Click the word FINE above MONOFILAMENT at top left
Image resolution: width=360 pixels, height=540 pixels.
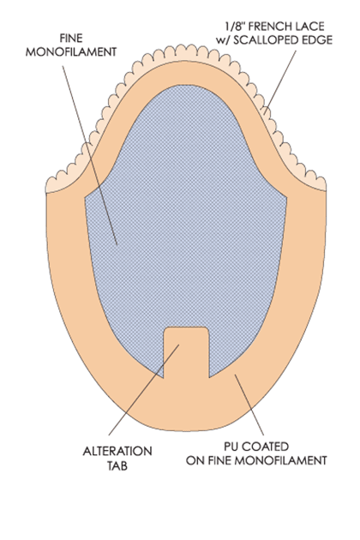(x=71, y=38)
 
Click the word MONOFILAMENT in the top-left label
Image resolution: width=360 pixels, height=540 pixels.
(x=71, y=52)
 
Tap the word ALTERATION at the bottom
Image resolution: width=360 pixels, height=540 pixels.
(x=117, y=451)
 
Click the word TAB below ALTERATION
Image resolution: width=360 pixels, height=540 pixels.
(x=117, y=465)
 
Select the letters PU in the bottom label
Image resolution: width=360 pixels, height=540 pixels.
(x=231, y=447)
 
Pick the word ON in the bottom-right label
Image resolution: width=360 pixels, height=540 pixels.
(x=194, y=460)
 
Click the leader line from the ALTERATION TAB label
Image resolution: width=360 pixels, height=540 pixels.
(x=144, y=390)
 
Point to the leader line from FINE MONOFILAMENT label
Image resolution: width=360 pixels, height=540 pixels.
(x=90, y=155)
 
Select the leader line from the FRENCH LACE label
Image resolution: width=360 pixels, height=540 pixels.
(x=280, y=82)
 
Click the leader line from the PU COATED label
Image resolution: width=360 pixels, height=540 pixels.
(x=249, y=405)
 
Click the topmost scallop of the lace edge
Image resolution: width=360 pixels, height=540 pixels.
(x=181, y=50)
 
